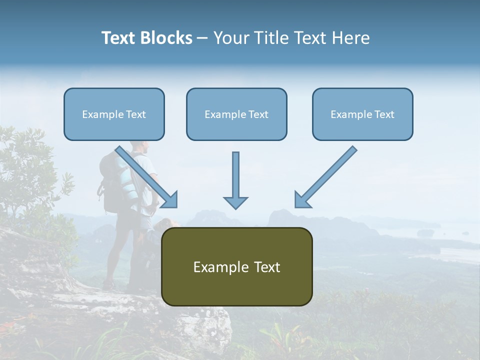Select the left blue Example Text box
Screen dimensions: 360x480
[114, 114]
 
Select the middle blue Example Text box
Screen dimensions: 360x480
[236, 114]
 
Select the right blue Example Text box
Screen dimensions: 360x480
[362, 114]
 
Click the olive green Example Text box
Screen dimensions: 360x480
[236, 266]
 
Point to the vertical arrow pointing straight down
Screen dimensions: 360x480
[235, 177]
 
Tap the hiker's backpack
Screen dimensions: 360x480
[112, 182]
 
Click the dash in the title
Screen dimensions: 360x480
[202, 38]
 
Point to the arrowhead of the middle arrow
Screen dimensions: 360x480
[235, 202]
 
